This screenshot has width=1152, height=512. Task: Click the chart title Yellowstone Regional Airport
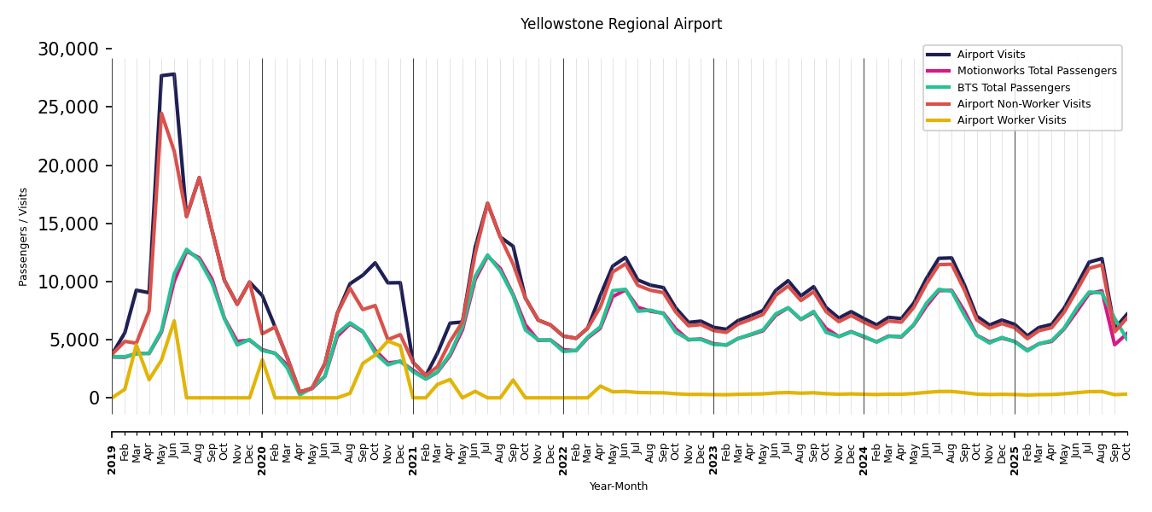point(621,25)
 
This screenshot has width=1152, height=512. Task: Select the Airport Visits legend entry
point(991,55)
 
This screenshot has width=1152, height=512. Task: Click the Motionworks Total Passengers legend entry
point(1036,71)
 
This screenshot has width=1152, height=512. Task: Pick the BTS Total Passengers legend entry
point(1013,88)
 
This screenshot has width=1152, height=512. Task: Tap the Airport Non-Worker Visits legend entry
point(1023,104)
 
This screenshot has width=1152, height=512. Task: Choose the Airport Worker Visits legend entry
point(1011,120)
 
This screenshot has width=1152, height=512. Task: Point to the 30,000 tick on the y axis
point(68,49)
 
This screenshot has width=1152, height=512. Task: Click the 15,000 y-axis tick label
point(68,224)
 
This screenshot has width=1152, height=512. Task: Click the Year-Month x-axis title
point(619,486)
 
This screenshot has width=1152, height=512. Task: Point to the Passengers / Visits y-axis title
point(24,236)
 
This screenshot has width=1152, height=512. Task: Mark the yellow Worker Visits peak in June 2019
point(174,321)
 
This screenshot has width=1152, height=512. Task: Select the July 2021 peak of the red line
point(487,203)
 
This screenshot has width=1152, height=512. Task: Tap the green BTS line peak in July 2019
point(187,250)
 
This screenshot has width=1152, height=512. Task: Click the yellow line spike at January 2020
point(262,359)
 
